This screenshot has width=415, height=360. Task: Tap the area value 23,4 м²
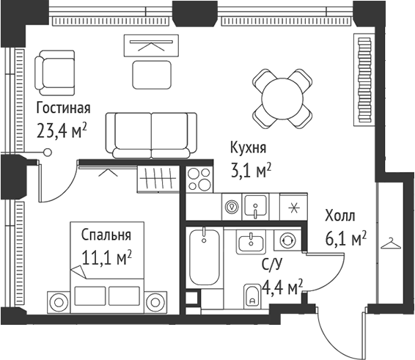(62, 131)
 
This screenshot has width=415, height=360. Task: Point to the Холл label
(339, 216)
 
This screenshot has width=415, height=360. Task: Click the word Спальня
(106, 235)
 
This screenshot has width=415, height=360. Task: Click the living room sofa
(151, 134)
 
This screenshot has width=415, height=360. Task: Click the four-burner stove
(198, 180)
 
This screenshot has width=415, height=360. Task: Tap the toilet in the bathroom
(250, 295)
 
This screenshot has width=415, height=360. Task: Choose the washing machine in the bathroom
(287, 240)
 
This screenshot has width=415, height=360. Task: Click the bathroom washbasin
(252, 242)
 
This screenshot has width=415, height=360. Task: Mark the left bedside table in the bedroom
(57, 301)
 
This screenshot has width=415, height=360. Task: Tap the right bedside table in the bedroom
(155, 301)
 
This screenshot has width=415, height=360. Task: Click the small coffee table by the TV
(151, 73)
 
